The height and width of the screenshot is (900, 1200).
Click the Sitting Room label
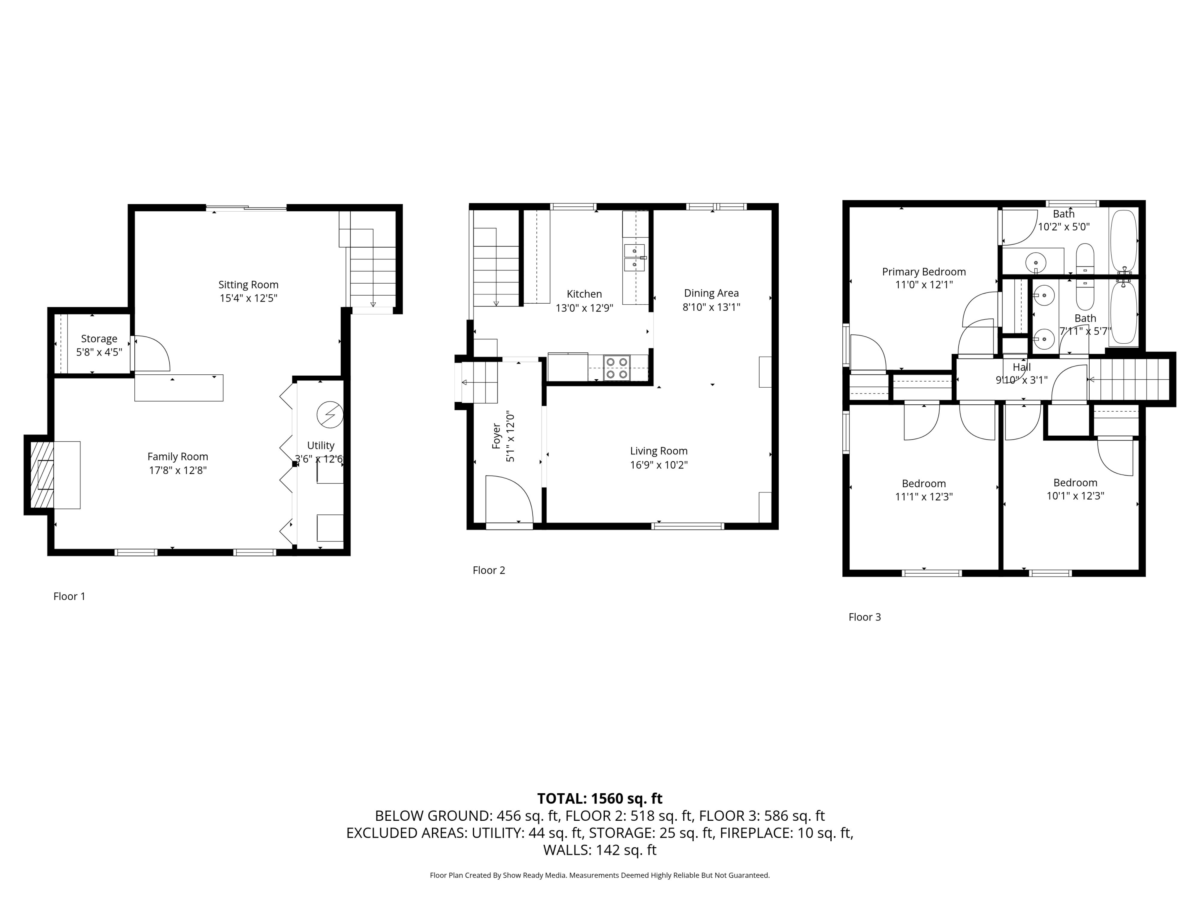point(248,284)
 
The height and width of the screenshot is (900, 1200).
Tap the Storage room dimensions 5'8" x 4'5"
point(99,352)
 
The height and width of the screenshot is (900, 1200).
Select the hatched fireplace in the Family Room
point(42,475)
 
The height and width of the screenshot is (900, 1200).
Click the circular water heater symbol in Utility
point(330,414)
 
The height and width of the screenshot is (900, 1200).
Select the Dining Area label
point(711,293)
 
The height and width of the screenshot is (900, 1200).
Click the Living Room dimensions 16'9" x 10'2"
point(658,465)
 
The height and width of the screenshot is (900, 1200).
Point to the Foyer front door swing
point(507,499)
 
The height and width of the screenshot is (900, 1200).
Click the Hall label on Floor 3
point(1022,367)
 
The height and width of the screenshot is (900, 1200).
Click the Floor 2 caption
point(488,570)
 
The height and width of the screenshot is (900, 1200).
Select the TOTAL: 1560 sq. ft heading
point(600,798)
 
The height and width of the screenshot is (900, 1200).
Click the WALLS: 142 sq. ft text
point(600,850)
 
